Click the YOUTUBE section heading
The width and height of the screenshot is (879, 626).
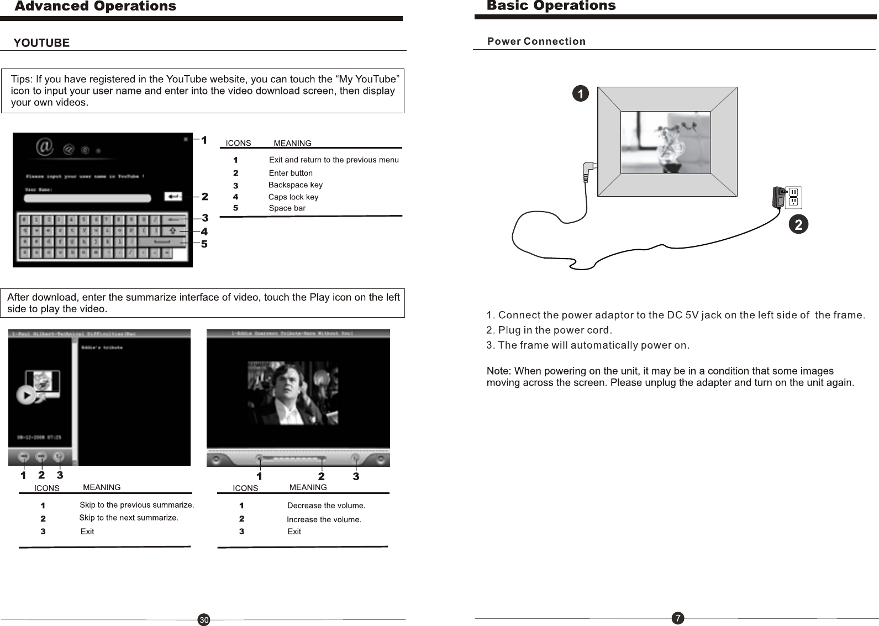pyautogui.click(x=41, y=43)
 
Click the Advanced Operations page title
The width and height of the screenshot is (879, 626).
pyautogui.click(x=96, y=7)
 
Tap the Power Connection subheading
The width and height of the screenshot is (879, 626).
pyautogui.click(x=536, y=41)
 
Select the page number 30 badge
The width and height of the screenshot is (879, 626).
pyautogui.click(x=204, y=620)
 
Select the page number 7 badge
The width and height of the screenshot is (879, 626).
pyautogui.click(x=678, y=618)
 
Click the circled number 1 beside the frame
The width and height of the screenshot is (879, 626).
pyautogui.click(x=580, y=94)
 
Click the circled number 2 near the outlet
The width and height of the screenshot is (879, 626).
pyautogui.click(x=798, y=224)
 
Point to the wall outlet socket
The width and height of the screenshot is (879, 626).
pyautogui.click(x=793, y=197)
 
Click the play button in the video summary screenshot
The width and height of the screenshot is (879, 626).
pyautogui.click(x=25, y=395)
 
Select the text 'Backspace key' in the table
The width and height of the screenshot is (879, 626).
pyautogui.click(x=295, y=185)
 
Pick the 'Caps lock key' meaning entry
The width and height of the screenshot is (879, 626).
pyautogui.click(x=293, y=197)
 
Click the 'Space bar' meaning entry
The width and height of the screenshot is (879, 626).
pyautogui.click(x=287, y=208)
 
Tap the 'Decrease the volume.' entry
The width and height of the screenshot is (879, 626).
pyautogui.click(x=326, y=506)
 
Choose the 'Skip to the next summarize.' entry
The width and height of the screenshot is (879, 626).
pyautogui.click(x=128, y=518)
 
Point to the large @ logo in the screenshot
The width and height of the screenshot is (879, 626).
pyautogui.click(x=45, y=147)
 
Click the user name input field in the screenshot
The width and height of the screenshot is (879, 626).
pyautogui.click(x=87, y=198)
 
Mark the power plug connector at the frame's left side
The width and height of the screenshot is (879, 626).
pyautogui.click(x=589, y=169)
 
